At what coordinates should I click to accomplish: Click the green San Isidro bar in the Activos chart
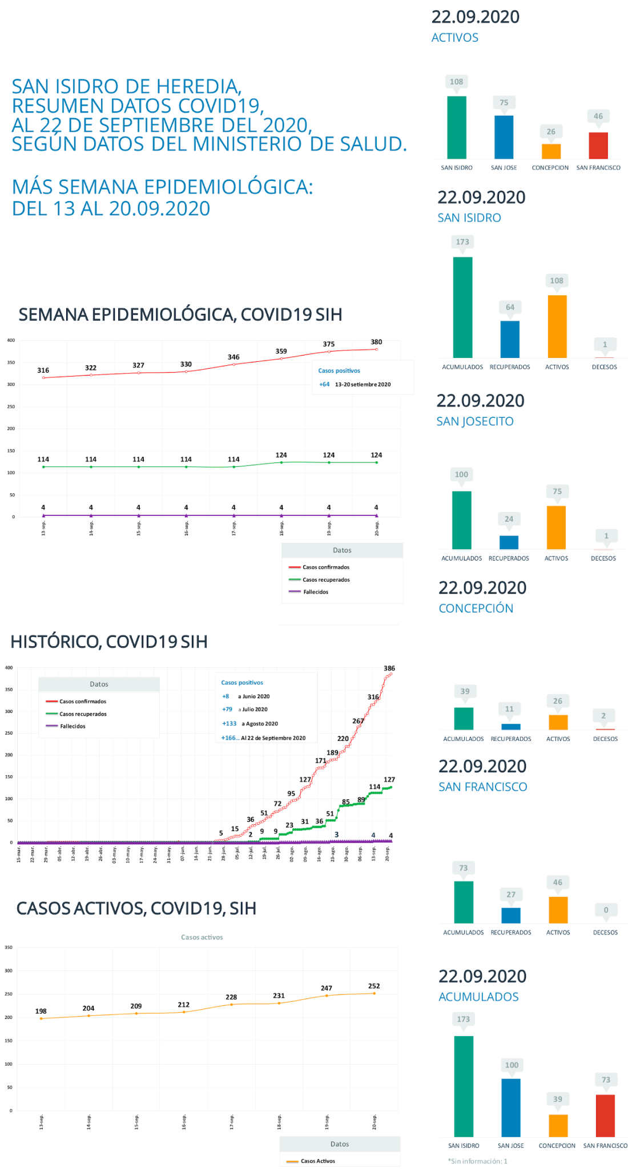click(x=456, y=127)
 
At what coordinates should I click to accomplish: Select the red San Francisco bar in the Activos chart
click(x=598, y=146)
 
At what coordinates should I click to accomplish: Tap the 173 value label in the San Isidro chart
click(x=462, y=242)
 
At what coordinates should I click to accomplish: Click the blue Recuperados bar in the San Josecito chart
click(x=509, y=542)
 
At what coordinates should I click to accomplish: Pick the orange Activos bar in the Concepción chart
click(x=558, y=722)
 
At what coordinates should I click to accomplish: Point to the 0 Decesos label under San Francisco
click(x=606, y=910)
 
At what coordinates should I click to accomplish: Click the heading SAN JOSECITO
click(x=475, y=421)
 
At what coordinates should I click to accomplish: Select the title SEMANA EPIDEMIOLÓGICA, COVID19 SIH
click(x=180, y=315)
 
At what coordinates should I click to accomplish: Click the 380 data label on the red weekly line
click(x=376, y=342)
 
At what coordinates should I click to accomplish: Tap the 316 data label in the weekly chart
click(x=43, y=370)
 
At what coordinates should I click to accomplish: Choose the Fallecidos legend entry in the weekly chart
click(x=315, y=592)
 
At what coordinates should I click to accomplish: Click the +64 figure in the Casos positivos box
click(x=324, y=384)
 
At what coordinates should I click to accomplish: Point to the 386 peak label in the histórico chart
click(x=389, y=668)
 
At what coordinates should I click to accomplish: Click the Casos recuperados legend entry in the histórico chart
click(x=83, y=714)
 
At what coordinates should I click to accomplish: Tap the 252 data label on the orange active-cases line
click(x=374, y=986)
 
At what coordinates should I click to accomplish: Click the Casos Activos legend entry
click(x=317, y=1161)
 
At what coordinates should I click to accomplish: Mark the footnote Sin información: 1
click(x=478, y=1161)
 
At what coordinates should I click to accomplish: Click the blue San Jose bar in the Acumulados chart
click(x=510, y=1107)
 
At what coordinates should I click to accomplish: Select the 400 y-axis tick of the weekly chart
click(x=11, y=340)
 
